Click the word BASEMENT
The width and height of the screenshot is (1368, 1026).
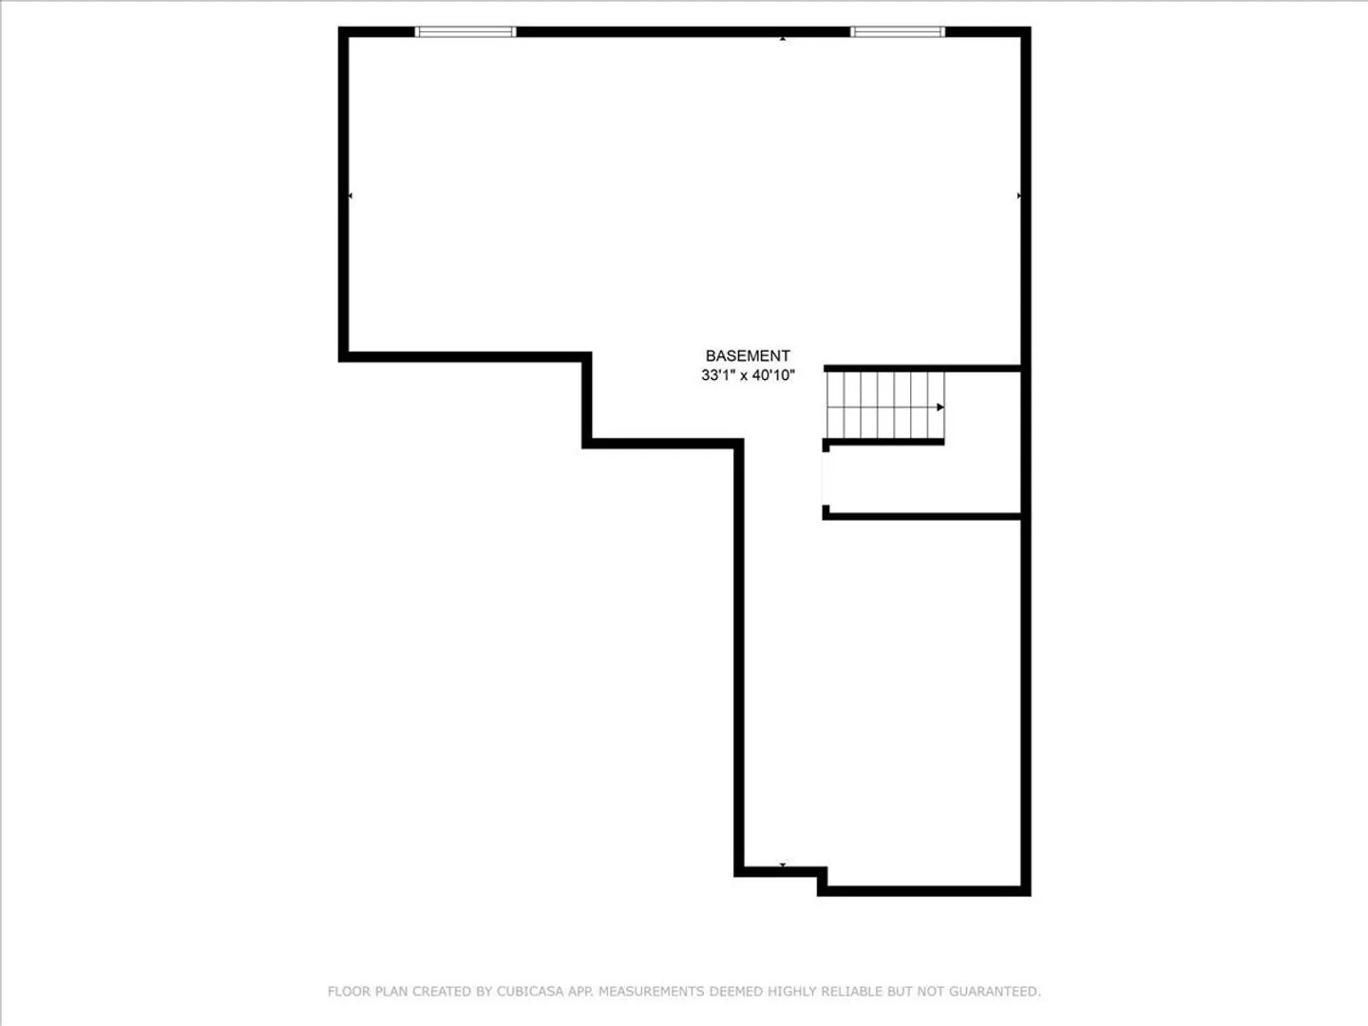pos(748,355)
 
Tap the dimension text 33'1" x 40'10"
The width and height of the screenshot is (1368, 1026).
pos(748,375)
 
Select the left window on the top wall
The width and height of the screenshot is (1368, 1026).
pos(465,31)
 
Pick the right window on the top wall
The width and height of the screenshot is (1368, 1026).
pos(898,31)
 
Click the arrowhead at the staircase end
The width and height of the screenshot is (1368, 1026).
pos(940,408)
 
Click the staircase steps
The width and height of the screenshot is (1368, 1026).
pos(885,406)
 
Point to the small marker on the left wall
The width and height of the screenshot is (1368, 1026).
pos(350,196)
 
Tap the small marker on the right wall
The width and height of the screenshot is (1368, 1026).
pos(1019,196)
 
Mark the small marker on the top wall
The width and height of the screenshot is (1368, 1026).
pos(783,39)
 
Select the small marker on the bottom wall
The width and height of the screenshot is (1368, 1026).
pos(782,864)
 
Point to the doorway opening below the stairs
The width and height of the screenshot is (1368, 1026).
pos(826,479)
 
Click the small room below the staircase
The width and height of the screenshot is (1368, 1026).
pos(923,479)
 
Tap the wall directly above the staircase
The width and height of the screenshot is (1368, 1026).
pos(922,369)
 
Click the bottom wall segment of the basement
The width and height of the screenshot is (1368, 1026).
pos(923,891)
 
